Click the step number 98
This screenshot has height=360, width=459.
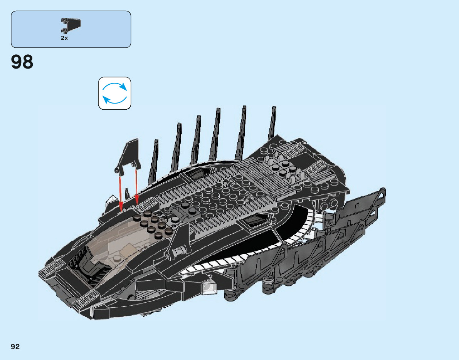tap(22, 62)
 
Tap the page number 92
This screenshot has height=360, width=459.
tap(15, 347)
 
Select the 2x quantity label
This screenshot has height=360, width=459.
tap(64, 39)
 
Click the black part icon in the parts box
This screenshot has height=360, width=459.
tap(71, 25)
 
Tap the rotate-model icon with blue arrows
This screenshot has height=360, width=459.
tap(114, 93)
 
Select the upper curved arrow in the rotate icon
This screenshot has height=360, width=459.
tap(116, 85)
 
